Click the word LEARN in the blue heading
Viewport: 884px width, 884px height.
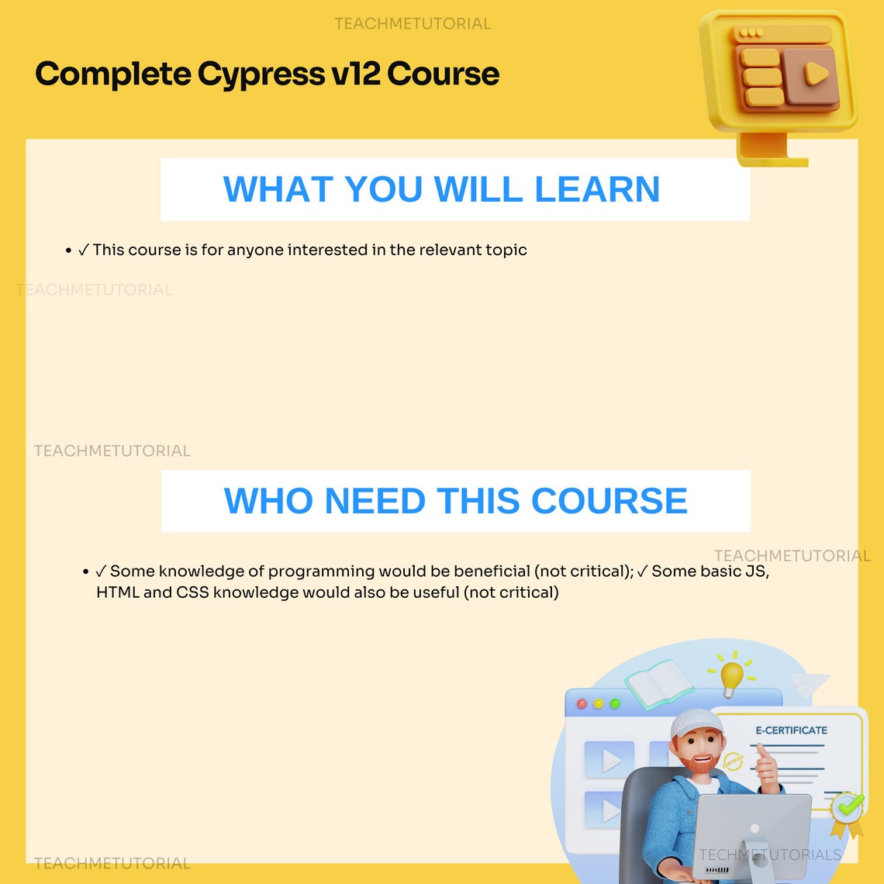[x=597, y=189]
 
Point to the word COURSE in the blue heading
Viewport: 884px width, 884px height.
[x=609, y=501]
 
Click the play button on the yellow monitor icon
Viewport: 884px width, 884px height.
[x=817, y=74]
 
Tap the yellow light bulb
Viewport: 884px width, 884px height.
[x=732, y=677]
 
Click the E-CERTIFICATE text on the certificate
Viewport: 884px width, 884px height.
[x=792, y=730]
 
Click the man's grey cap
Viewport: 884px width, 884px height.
[x=695, y=722]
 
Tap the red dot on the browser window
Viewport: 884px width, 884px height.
[x=582, y=703]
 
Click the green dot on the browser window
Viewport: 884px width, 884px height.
[x=615, y=703]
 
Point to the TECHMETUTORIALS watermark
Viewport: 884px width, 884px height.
[x=770, y=855]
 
